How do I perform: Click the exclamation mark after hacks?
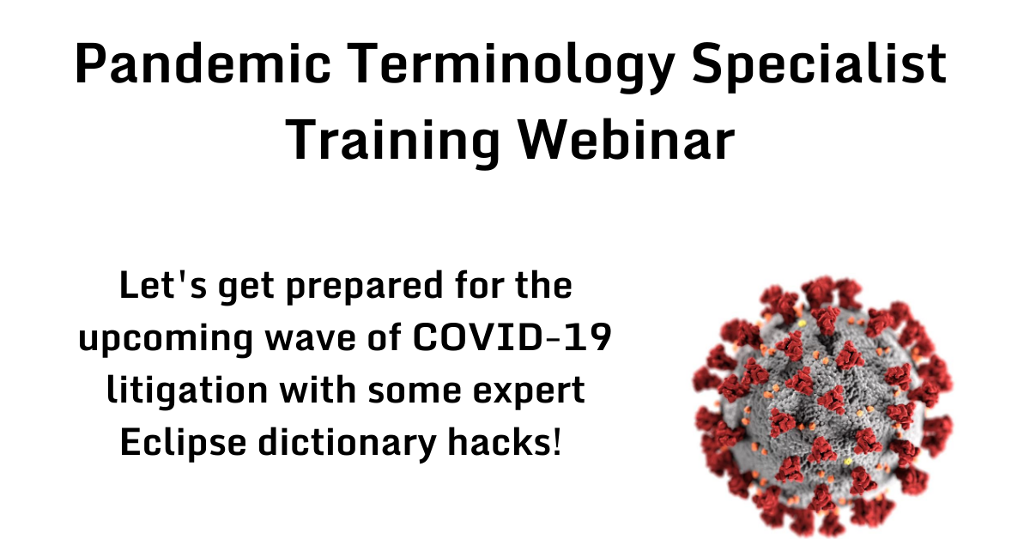[x=558, y=443]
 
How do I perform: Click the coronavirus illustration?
[x=821, y=403]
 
